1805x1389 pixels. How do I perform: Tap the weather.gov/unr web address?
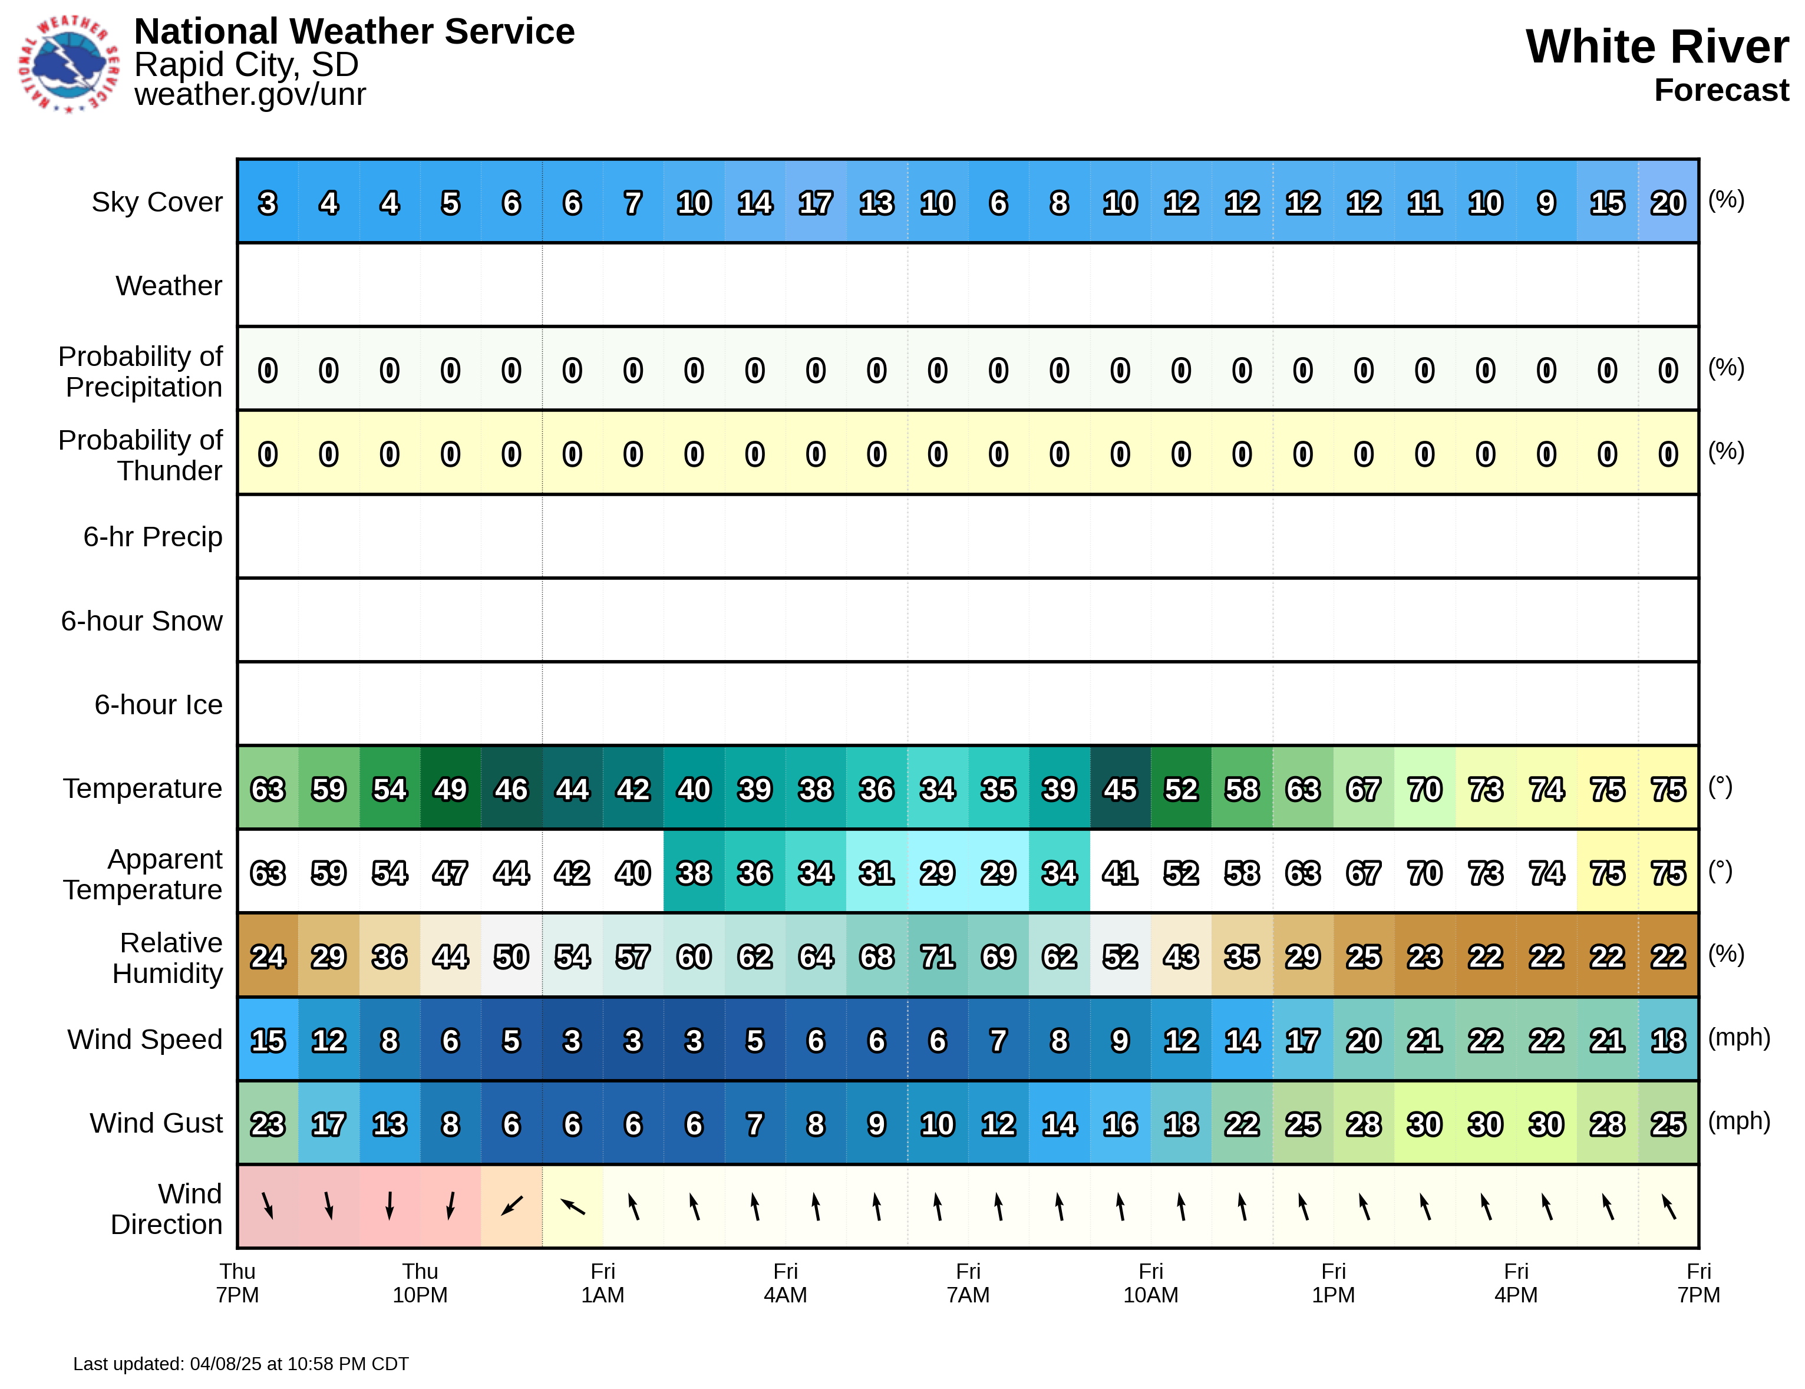(250, 94)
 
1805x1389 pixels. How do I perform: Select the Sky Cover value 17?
(815, 203)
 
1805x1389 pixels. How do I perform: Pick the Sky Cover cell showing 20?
(1667, 203)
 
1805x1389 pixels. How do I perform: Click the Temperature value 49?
(450, 789)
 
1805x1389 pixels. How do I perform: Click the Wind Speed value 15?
(268, 1040)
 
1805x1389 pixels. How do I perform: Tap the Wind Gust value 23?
(268, 1124)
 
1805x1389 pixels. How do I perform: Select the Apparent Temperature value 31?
(876, 873)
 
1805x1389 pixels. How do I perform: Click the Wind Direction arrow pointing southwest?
(512, 1206)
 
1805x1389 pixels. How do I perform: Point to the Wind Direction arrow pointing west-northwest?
(573, 1206)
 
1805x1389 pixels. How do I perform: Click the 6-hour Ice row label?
(158, 705)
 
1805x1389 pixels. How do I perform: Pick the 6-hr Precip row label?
(153, 537)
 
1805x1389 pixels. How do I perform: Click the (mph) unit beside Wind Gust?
(1739, 1121)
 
